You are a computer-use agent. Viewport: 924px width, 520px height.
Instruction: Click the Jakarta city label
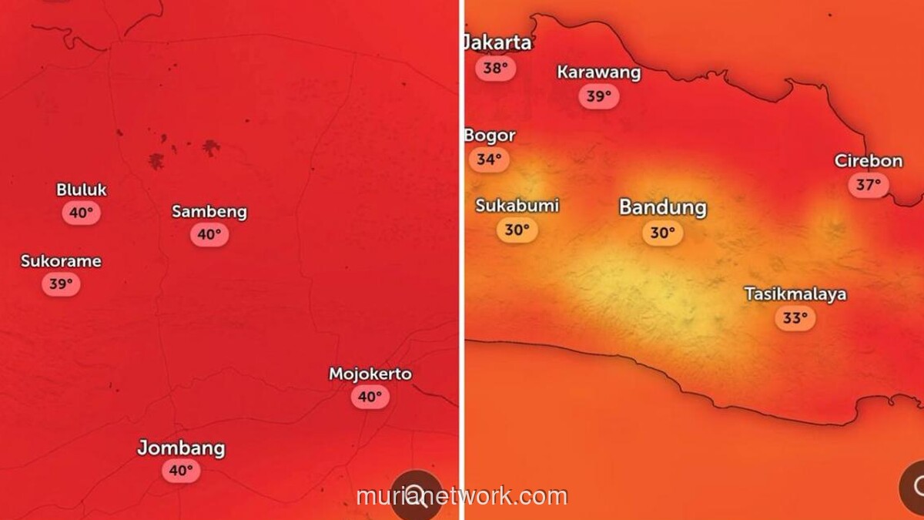(x=498, y=42)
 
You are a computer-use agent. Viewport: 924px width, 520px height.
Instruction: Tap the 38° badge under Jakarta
(x=496, y=69)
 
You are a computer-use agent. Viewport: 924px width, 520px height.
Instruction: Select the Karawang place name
(x=598, y=72)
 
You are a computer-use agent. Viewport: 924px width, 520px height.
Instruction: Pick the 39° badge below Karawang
(x=598, y=96)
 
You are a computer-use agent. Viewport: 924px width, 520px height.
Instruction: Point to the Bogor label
(x=490, y=136)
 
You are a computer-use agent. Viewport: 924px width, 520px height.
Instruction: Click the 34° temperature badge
(x=489, y=159)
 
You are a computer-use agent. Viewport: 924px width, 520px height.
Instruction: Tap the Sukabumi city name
(x=517, y=206)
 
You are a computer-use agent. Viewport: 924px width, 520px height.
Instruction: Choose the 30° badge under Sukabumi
(x=517, y=230)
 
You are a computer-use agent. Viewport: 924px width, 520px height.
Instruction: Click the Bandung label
(x=662, y=207)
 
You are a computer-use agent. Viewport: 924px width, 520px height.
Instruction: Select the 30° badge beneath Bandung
(x=662, y=233)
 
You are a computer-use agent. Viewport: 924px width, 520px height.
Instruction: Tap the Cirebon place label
(x=869, y=161)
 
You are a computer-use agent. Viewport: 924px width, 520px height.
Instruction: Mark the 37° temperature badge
(x=869, y=185)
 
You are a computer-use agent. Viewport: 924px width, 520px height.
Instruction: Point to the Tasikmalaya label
(x=795, y=294)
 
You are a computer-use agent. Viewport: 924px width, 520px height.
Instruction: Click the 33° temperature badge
(x=795, y=317)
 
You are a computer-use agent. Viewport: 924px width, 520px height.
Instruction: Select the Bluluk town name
(x=82, y=190)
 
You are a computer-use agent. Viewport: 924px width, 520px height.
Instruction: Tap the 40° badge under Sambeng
(x=209, y=234)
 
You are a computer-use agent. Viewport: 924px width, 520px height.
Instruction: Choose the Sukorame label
(x=61, y=261)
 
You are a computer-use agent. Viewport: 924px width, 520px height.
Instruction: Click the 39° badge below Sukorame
(x=61, y=283)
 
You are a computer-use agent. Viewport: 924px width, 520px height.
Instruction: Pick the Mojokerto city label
(x=370, y=374)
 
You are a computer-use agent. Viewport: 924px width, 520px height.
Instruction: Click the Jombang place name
(x=181, y=448)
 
